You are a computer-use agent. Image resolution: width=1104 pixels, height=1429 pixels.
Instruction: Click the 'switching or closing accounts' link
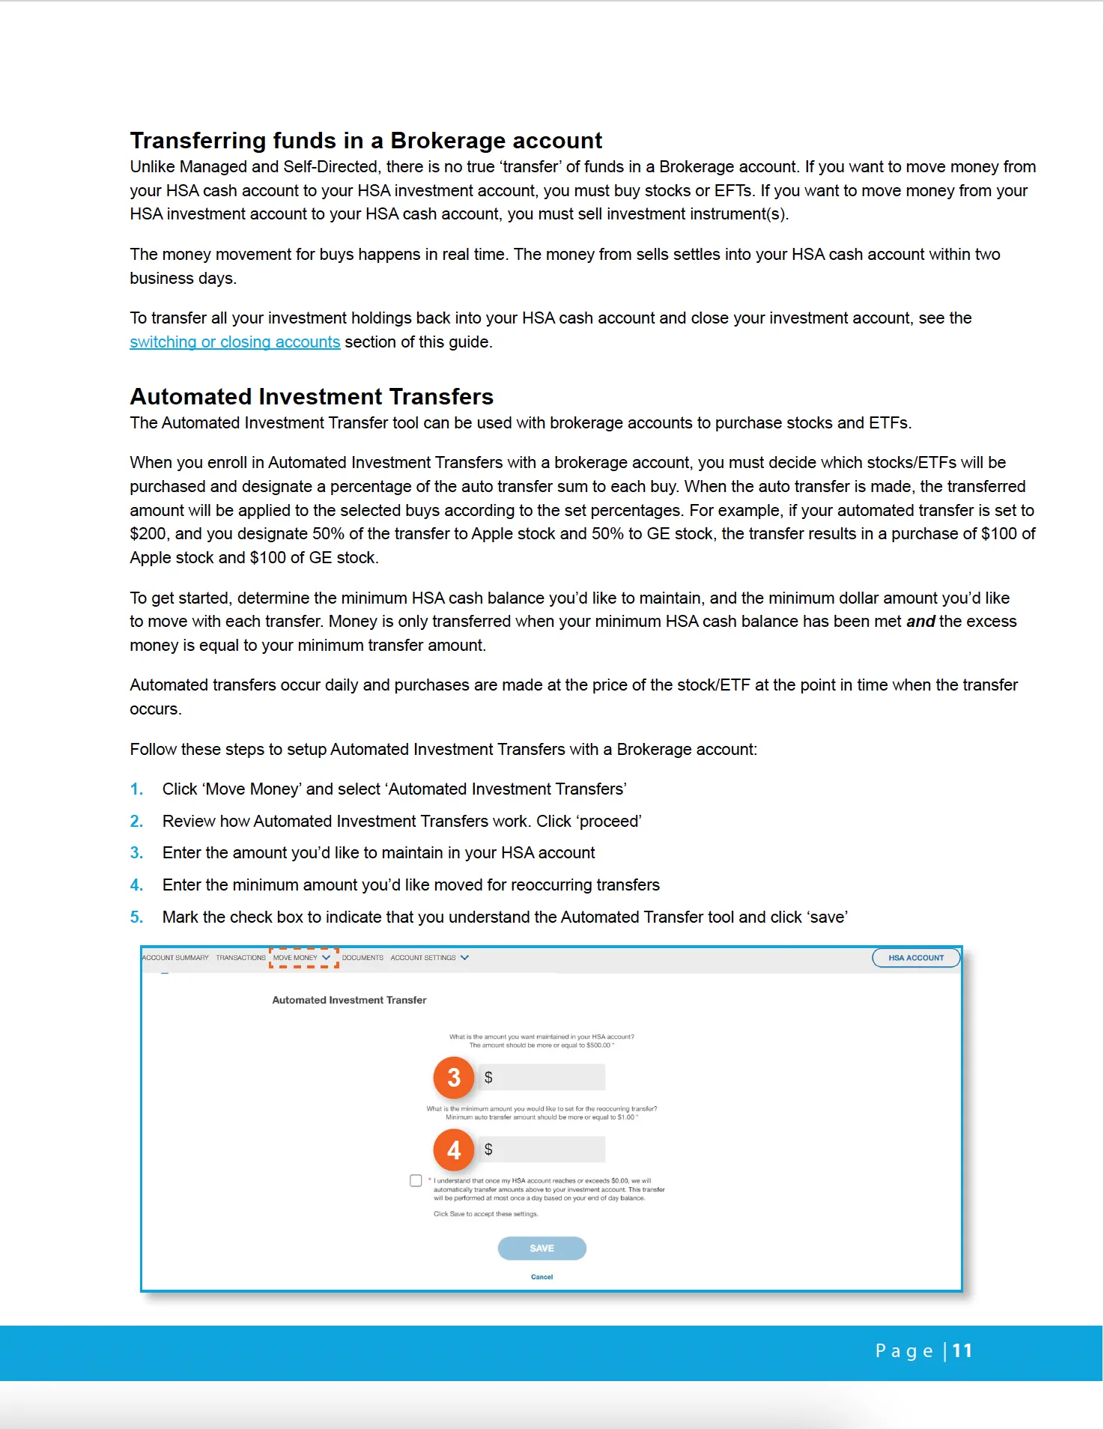[x=234, y=342]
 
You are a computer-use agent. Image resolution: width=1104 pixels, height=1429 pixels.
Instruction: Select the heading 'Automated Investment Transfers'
[x=312, y=396]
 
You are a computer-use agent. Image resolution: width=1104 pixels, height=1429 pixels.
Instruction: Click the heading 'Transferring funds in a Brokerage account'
[x=366, y=141]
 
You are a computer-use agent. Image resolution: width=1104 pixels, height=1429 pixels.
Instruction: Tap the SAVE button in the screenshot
[x=542, y=1248]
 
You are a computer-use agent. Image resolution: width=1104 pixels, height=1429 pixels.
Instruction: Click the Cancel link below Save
[x=542, y=1277]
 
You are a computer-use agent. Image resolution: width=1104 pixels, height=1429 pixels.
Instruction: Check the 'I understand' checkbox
[x=416, y=1180]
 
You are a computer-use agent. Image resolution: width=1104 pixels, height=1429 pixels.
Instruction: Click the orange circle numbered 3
[x=454, y=1078]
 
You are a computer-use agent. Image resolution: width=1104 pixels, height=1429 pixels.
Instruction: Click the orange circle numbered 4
[x=454, y=1150]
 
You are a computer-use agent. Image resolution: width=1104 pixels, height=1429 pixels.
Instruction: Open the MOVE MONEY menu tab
[x=302, y=958]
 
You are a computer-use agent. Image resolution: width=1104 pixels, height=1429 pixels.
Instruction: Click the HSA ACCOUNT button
[x=915, y=958]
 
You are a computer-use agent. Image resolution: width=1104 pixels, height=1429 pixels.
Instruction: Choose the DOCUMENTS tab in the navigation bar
[x=363, y=958]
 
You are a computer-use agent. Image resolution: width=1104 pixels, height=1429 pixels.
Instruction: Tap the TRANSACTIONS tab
[x=240, y=958]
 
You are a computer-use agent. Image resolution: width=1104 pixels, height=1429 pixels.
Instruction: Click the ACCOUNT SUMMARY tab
[x=176, y=958]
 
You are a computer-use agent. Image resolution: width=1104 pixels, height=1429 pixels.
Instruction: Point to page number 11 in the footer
[x=962, y=1350]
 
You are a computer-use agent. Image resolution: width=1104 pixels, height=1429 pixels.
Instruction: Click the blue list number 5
[x=136, y=917]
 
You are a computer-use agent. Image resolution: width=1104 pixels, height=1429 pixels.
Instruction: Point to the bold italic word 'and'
[x=920, y=622]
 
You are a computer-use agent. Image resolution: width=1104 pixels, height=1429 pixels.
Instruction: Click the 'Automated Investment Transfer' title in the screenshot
[x=349, y=1000]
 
